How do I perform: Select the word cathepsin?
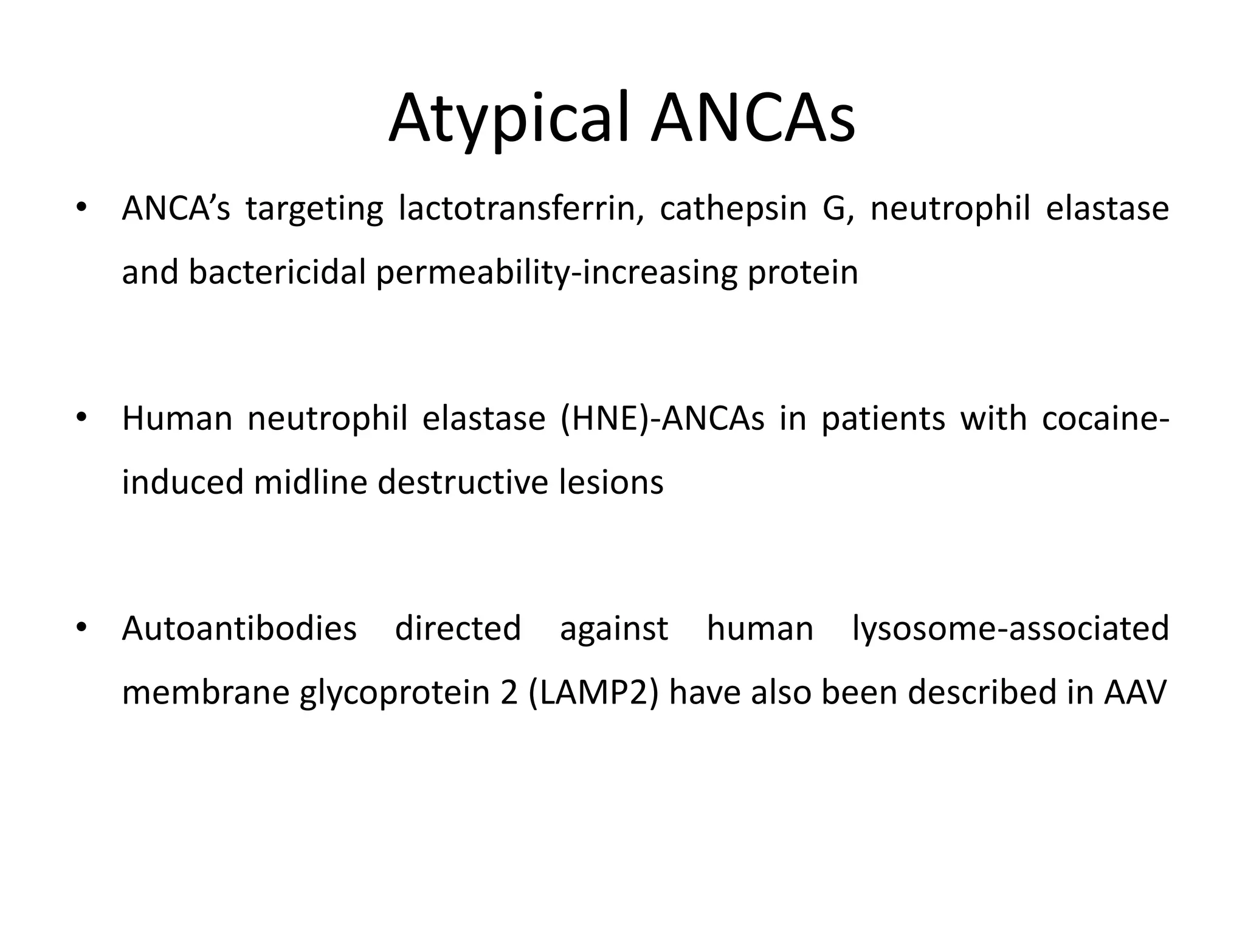tap(733, 209)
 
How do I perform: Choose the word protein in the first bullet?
tap(802, 272)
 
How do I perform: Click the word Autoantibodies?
tap(239, 629)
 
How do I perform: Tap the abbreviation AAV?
tap(1136, 693)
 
